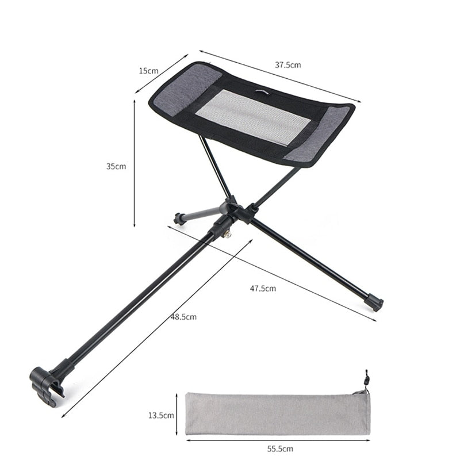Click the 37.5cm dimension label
click(287, 65)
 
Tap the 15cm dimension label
click(148, 71)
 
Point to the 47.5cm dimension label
click(263, 288)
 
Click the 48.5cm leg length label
click(183, 317)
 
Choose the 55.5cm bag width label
click(280, 448)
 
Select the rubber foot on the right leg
click(374, 302)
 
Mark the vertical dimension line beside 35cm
click(135, 164)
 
